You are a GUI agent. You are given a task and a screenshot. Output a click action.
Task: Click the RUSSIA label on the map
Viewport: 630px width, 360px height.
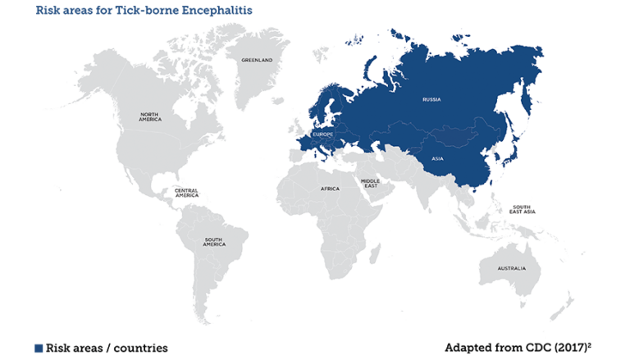[x=431, y=99]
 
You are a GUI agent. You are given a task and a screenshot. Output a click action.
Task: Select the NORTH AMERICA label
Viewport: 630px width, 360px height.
[x=150, y=117]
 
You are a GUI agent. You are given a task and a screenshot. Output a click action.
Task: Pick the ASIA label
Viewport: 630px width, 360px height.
[x=437, y=159]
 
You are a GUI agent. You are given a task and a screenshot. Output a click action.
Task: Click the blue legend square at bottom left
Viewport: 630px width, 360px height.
[x=38, y=348]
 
